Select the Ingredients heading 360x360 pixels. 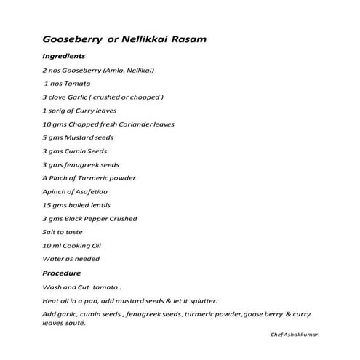click(64, 56)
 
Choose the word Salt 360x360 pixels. click(49, 232)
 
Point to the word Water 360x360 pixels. click(54, 259)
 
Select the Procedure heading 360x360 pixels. click(63, 273)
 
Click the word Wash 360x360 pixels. click(52, 287)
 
